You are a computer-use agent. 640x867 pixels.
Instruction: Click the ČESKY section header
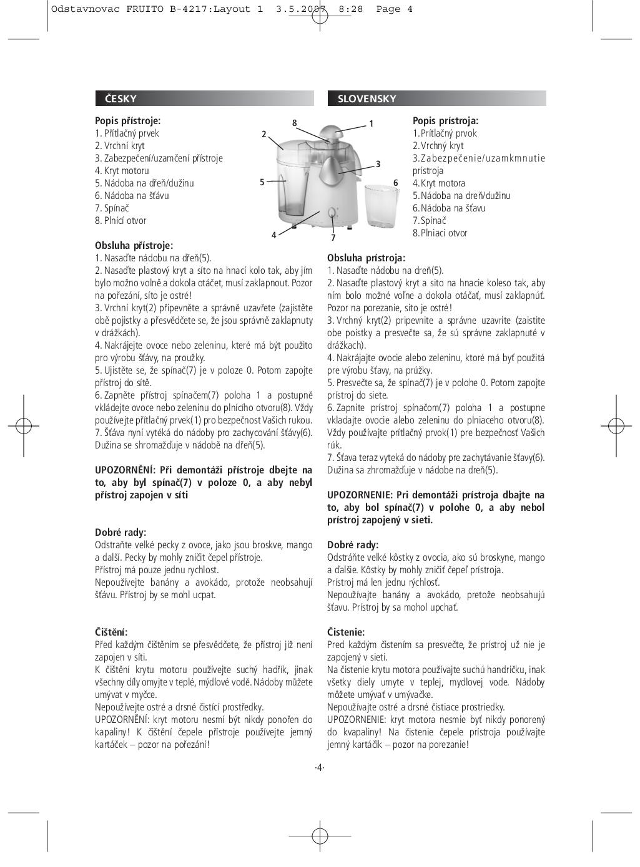[121, 99]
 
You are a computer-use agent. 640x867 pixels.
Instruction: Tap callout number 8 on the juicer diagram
[294, 123]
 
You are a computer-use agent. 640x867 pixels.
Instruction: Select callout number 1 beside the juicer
[371, 124]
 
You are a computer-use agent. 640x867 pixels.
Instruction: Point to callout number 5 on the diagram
[262, 182]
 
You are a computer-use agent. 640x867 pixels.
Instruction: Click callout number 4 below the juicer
[273, 235]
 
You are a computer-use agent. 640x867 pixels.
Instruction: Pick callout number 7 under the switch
[333, 238]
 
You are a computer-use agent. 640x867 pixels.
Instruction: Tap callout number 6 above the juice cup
[395, 183]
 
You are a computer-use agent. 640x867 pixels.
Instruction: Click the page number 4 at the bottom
[320, 767]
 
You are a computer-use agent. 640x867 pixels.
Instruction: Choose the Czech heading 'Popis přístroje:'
[127, 121]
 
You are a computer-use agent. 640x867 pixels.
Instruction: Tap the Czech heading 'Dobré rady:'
[121, 532]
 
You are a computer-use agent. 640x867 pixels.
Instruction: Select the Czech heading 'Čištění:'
[111, 632]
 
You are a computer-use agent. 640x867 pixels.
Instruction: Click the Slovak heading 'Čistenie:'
[346, 632]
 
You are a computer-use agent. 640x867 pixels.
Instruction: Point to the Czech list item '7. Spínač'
[112, 208]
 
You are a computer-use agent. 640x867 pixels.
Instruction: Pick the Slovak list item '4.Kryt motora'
[439, 183]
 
